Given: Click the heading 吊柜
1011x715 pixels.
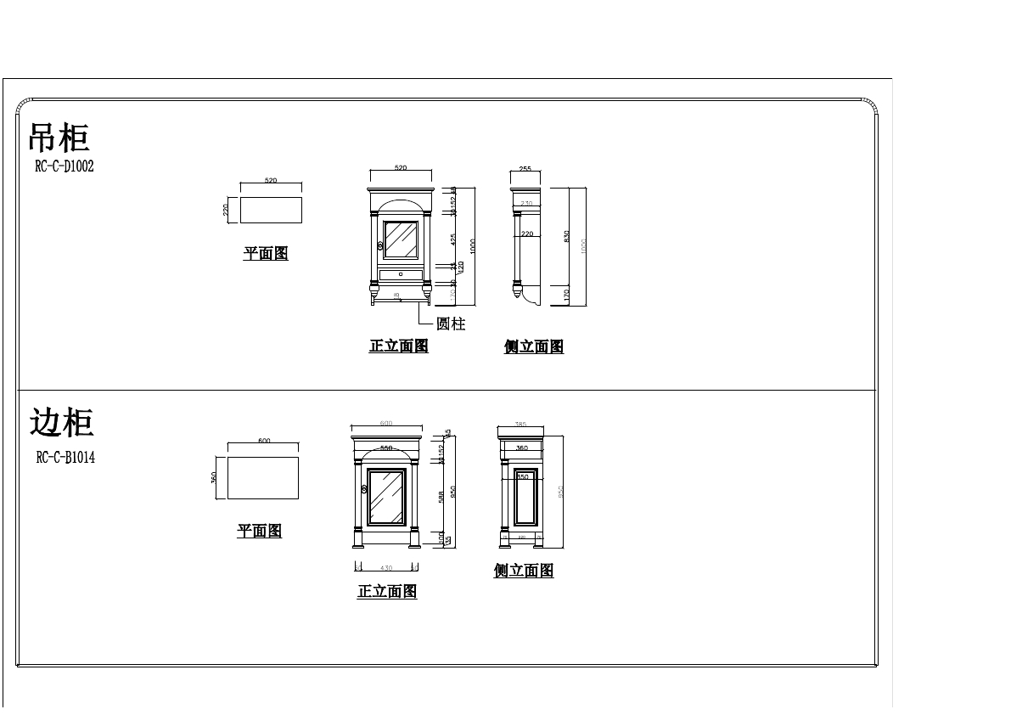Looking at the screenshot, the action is click(59, 138).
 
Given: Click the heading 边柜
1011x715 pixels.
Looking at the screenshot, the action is click(61, 423).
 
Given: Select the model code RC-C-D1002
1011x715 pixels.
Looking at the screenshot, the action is click(65, 166).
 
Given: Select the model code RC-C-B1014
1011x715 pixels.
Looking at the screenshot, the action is click(65, 458).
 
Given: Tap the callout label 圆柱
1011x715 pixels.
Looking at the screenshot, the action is click(451, 324).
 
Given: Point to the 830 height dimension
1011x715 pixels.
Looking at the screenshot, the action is click(567, 236).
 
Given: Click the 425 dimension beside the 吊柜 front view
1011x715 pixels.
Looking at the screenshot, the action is click(453, 239).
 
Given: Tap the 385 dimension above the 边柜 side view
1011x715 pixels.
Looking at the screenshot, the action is click(520, 424).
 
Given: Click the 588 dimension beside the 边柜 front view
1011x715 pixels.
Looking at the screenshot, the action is click(441, 497).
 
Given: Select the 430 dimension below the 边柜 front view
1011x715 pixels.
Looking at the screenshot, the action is click(386, 567).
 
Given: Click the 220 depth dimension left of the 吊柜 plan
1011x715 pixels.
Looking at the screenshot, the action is click(227, 209).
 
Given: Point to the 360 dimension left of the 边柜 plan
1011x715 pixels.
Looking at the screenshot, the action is click(214, 478).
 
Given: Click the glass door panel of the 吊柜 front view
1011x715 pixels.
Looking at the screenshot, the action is click(401, 240).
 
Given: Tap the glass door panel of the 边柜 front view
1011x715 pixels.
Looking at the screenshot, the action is click(386, 497).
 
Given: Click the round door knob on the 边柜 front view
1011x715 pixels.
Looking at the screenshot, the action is click(363, 490).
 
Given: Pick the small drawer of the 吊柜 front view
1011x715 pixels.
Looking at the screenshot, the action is click(401, 274).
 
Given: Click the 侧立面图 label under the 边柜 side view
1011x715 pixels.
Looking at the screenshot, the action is click(524, 571).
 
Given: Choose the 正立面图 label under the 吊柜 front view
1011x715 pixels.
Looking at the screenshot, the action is click(398, 346).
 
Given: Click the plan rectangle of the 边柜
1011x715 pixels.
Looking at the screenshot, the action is click(262, 478).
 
